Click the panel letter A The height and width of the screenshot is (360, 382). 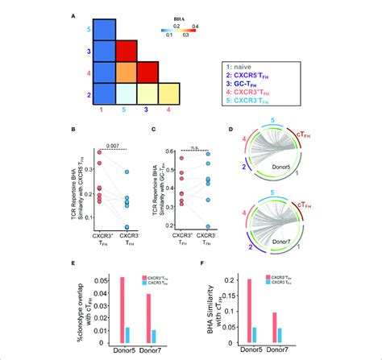pos(74,14)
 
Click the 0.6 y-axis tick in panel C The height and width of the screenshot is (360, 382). pos(181,151)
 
